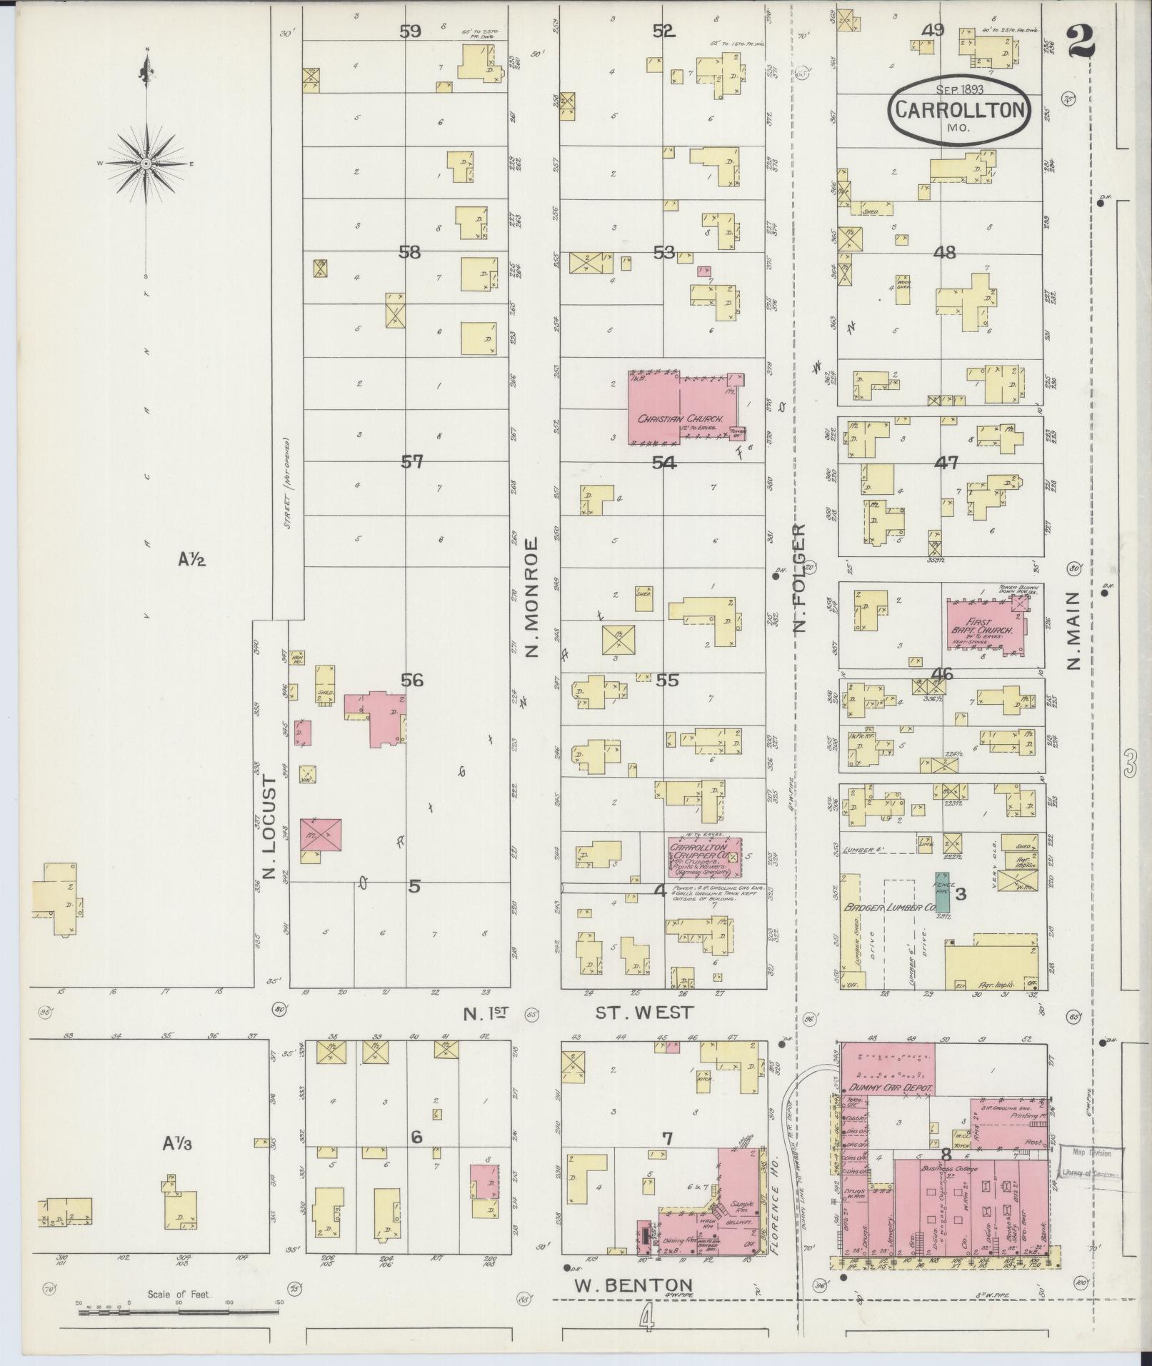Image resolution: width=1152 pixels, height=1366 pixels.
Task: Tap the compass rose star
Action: (146, 164)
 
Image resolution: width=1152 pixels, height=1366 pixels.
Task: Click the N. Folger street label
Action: (800, 578)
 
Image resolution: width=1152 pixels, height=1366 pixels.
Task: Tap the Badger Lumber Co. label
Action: (889, 908)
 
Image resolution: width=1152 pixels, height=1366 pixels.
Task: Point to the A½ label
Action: (191, 561)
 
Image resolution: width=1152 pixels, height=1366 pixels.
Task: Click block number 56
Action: (412, 680)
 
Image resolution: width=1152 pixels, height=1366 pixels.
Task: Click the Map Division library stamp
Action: (1091, 1162)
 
